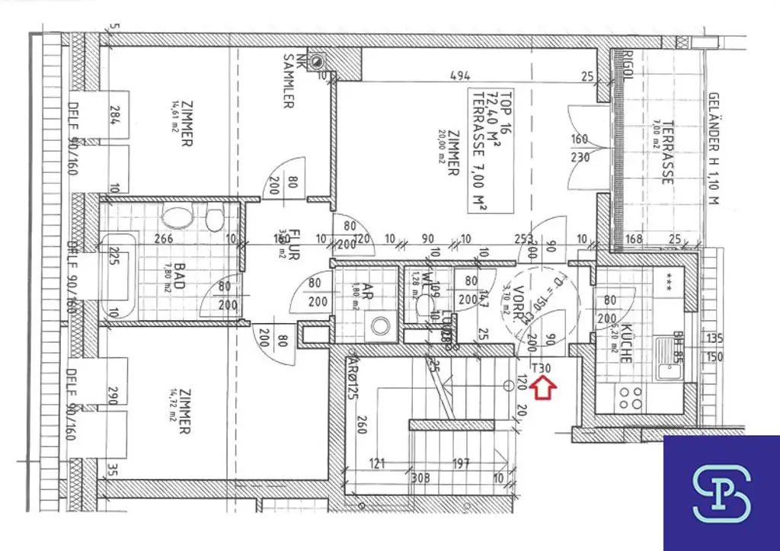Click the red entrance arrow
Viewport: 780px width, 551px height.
coord(542,388)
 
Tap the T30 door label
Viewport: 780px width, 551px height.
coord(542,369)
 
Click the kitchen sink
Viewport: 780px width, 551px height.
coord(669,360)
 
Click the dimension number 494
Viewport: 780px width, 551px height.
coord(459,75)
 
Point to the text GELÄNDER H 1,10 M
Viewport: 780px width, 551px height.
coord(713,149)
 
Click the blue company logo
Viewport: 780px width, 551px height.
coord(721,492)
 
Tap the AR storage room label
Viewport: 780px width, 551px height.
coord(367,293)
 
